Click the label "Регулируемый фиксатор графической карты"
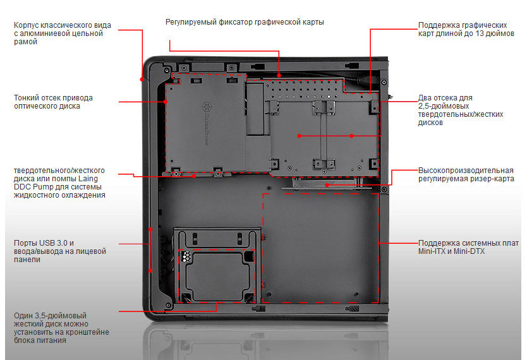point(245,22)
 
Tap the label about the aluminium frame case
point(62,33)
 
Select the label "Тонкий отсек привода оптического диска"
point(53,102)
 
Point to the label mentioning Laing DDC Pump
point(59,183)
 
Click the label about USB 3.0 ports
point(60,251)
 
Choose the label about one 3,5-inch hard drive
point(61,328)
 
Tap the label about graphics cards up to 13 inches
point(466,29)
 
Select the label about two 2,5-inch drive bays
point(461,110)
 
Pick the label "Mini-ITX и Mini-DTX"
point(451,251)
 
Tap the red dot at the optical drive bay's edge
point(166,102)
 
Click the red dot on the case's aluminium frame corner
point(142,79)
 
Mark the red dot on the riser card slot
point(327,185)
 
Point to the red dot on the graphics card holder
point(279,76)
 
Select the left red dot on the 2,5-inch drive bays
point(299,136)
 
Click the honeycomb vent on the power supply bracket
point(186,256)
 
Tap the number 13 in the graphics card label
point(480,33)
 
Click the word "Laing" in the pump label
point(88,179)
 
